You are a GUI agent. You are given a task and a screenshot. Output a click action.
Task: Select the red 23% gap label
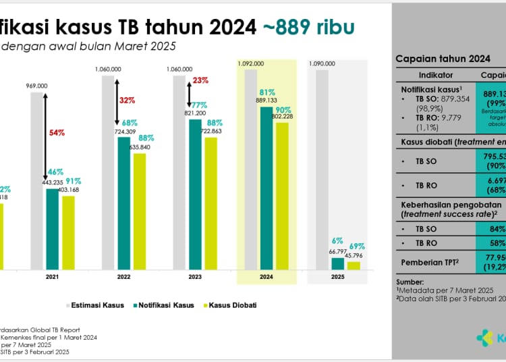tap(200, 80)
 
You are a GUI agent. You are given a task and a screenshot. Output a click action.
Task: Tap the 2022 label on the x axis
tap(123, 277)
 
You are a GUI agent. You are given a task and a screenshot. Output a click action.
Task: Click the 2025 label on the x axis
tap(338, 277)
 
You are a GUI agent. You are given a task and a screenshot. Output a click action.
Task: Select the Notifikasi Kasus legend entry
tap(164, 305)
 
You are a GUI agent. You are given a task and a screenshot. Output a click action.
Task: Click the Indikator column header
tap(436, 75)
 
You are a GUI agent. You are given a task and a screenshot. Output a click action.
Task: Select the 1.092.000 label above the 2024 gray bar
tap(250, 63)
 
